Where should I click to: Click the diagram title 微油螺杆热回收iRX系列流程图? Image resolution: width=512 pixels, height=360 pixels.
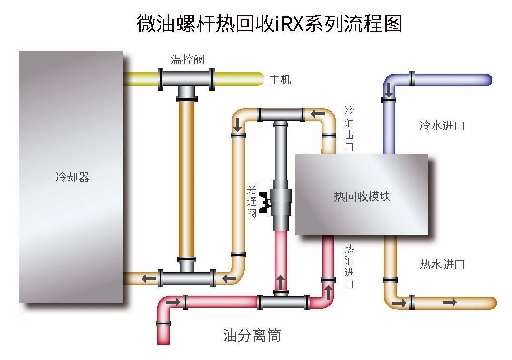point(269,23)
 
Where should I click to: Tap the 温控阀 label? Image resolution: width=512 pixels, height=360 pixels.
point(187,59)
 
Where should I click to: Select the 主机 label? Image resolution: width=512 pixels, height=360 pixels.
point(280,79)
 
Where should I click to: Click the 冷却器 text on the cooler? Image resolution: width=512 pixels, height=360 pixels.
point(73,178)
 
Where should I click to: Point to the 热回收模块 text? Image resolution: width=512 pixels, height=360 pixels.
point(362,196)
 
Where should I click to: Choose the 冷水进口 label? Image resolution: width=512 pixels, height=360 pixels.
point(441,125)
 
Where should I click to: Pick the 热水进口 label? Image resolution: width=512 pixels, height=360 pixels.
point(441,265)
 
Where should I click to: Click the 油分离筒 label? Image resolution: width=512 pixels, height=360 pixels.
point(252,335)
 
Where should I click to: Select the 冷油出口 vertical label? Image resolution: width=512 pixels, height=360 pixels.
point(349,129)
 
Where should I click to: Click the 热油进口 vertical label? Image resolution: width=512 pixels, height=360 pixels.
point(349,266)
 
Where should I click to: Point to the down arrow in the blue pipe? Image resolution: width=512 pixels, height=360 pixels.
point(389,89)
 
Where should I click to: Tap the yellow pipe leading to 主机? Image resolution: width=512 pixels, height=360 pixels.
point(237,78)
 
